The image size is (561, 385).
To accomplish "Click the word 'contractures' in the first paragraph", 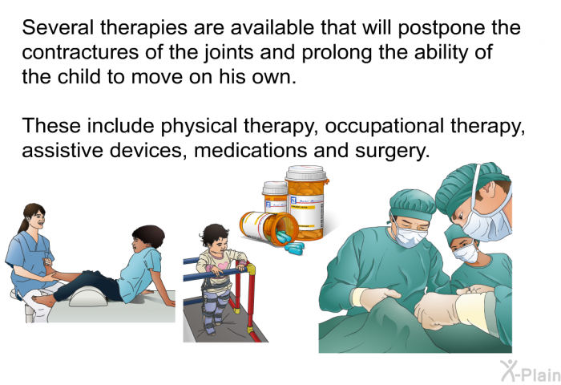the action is pos(80,52).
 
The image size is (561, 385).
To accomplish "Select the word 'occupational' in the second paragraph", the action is pos(385,126).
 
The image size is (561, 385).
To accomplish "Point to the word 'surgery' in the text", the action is pos(392,151).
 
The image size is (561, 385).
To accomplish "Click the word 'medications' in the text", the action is pos(250,150).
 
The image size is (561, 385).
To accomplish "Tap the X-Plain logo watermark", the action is pos(531,371).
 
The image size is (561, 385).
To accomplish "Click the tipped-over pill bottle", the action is pos(268,228).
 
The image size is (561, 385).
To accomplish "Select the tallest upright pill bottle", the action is pos(306,201).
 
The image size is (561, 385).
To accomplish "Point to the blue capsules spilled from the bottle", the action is pos(290,241).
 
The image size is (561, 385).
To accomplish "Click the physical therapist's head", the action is pos(34,217).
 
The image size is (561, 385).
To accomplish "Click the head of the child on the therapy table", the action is pos(147,237).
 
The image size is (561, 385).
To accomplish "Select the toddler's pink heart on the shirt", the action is pos(223,265).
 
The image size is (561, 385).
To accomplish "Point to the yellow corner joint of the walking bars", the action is pos(250,269).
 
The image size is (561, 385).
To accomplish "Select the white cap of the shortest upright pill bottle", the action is pos(275,188).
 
